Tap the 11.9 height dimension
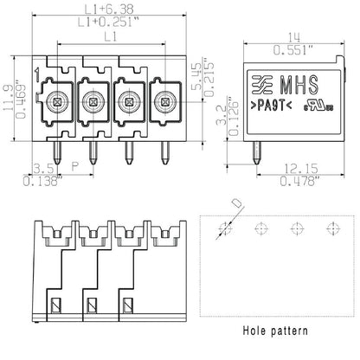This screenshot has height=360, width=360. [9, 95]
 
